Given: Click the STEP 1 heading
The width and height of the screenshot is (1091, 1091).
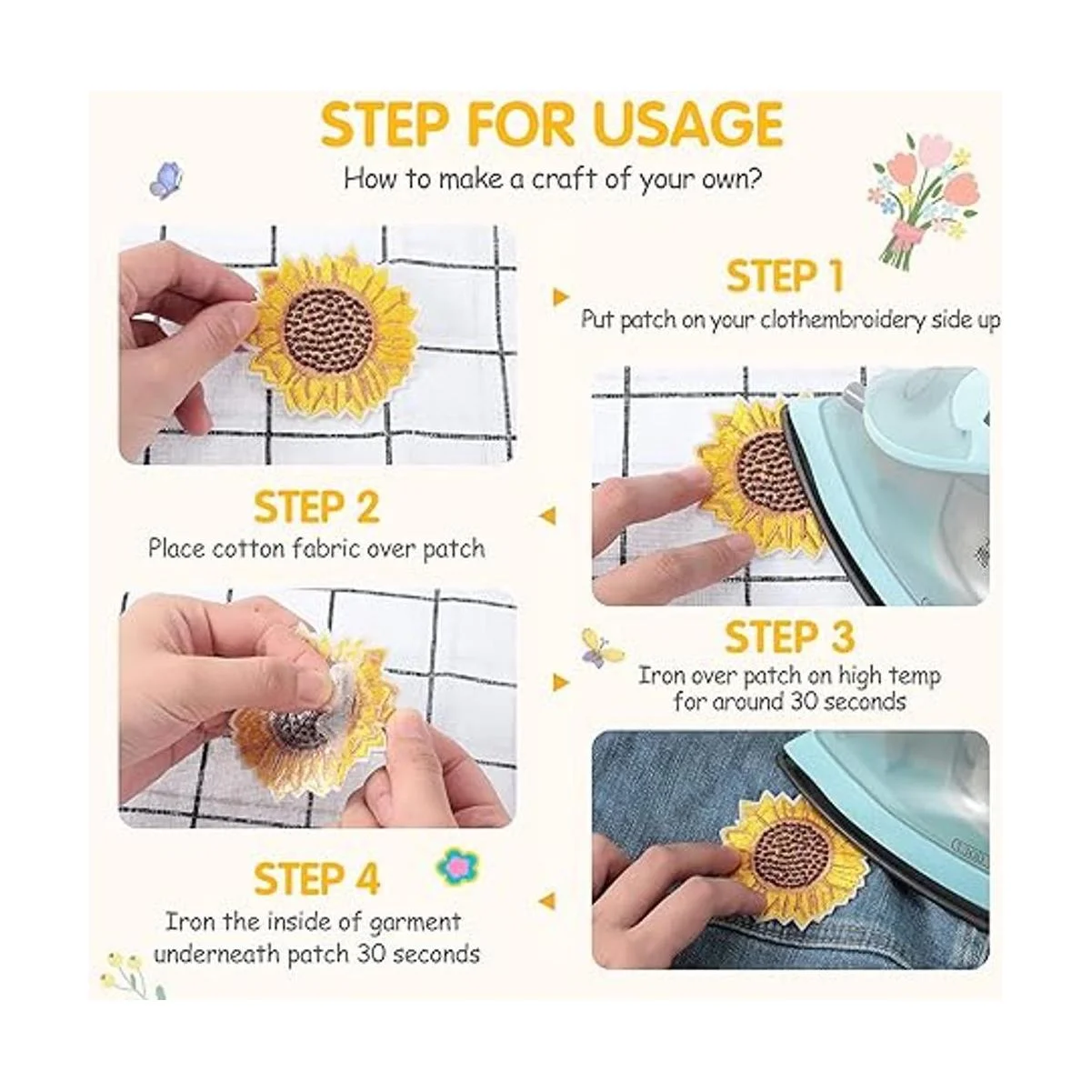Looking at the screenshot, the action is tap(785, 277).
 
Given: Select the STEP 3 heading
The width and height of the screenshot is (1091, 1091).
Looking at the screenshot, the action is tap(788, 637).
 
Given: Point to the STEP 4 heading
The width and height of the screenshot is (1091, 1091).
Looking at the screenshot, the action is tap(316, 879).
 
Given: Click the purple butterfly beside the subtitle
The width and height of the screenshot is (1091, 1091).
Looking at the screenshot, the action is tap(165, 180).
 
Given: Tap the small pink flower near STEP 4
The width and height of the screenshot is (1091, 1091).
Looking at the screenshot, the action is tap(457, 866).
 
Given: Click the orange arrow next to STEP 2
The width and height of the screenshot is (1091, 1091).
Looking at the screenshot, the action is tap(547, 515).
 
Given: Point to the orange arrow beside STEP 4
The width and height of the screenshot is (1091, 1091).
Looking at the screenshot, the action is tap(547, 901).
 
